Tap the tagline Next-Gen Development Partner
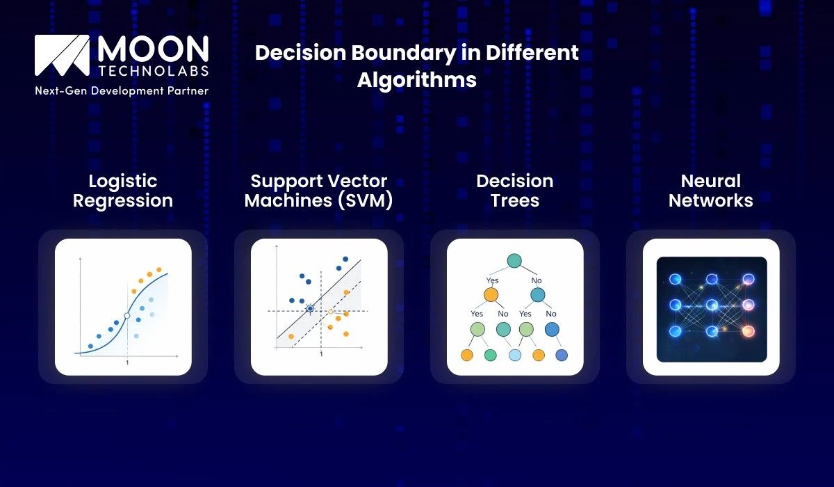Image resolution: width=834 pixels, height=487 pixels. pos(122,90)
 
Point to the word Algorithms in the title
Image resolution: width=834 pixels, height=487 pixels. pos(417,80)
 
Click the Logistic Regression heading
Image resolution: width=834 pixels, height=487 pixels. pos(123,191)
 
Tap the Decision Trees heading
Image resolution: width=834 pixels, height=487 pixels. pos(515,191)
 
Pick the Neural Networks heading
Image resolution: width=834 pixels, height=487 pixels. pos(711,191)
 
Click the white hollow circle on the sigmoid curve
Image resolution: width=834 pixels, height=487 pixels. pos(126,316)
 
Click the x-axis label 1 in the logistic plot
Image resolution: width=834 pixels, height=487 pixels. pos(126,363)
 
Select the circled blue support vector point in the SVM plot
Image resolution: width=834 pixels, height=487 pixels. pos(310,308)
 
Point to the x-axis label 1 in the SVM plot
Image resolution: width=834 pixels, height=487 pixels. pos(321,355)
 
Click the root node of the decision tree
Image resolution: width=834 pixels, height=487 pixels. pos(514,261)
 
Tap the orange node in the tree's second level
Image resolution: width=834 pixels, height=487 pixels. pos(491,295)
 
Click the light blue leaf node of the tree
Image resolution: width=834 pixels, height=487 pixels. pos(515,356)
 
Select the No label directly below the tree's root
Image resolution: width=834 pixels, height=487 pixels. pos(537,280)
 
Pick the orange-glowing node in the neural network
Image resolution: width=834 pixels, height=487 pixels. pos(749,331)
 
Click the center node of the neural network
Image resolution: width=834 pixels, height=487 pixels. pos(712,305)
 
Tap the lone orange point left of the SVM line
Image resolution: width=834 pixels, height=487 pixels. pos(291,336)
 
